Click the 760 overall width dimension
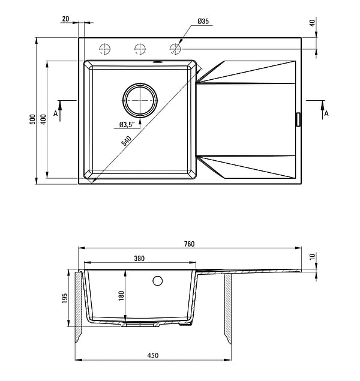(x=190, y=244)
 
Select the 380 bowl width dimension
(x=139, y=259)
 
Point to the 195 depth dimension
(x=65, y=298)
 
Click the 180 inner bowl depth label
(x=120, y=295)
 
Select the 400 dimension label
(x=43, y=119)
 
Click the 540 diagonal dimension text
(x=127, y=142)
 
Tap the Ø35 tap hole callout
(x=203, y=22)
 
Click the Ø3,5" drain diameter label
(x=125, y=125)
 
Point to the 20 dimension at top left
(x=65, y=19)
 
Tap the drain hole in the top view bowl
(x=141, y=100)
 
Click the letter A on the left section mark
(x=55, y=112)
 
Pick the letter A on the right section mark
(x=326, y=113)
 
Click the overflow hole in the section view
(x=158, y=280)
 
